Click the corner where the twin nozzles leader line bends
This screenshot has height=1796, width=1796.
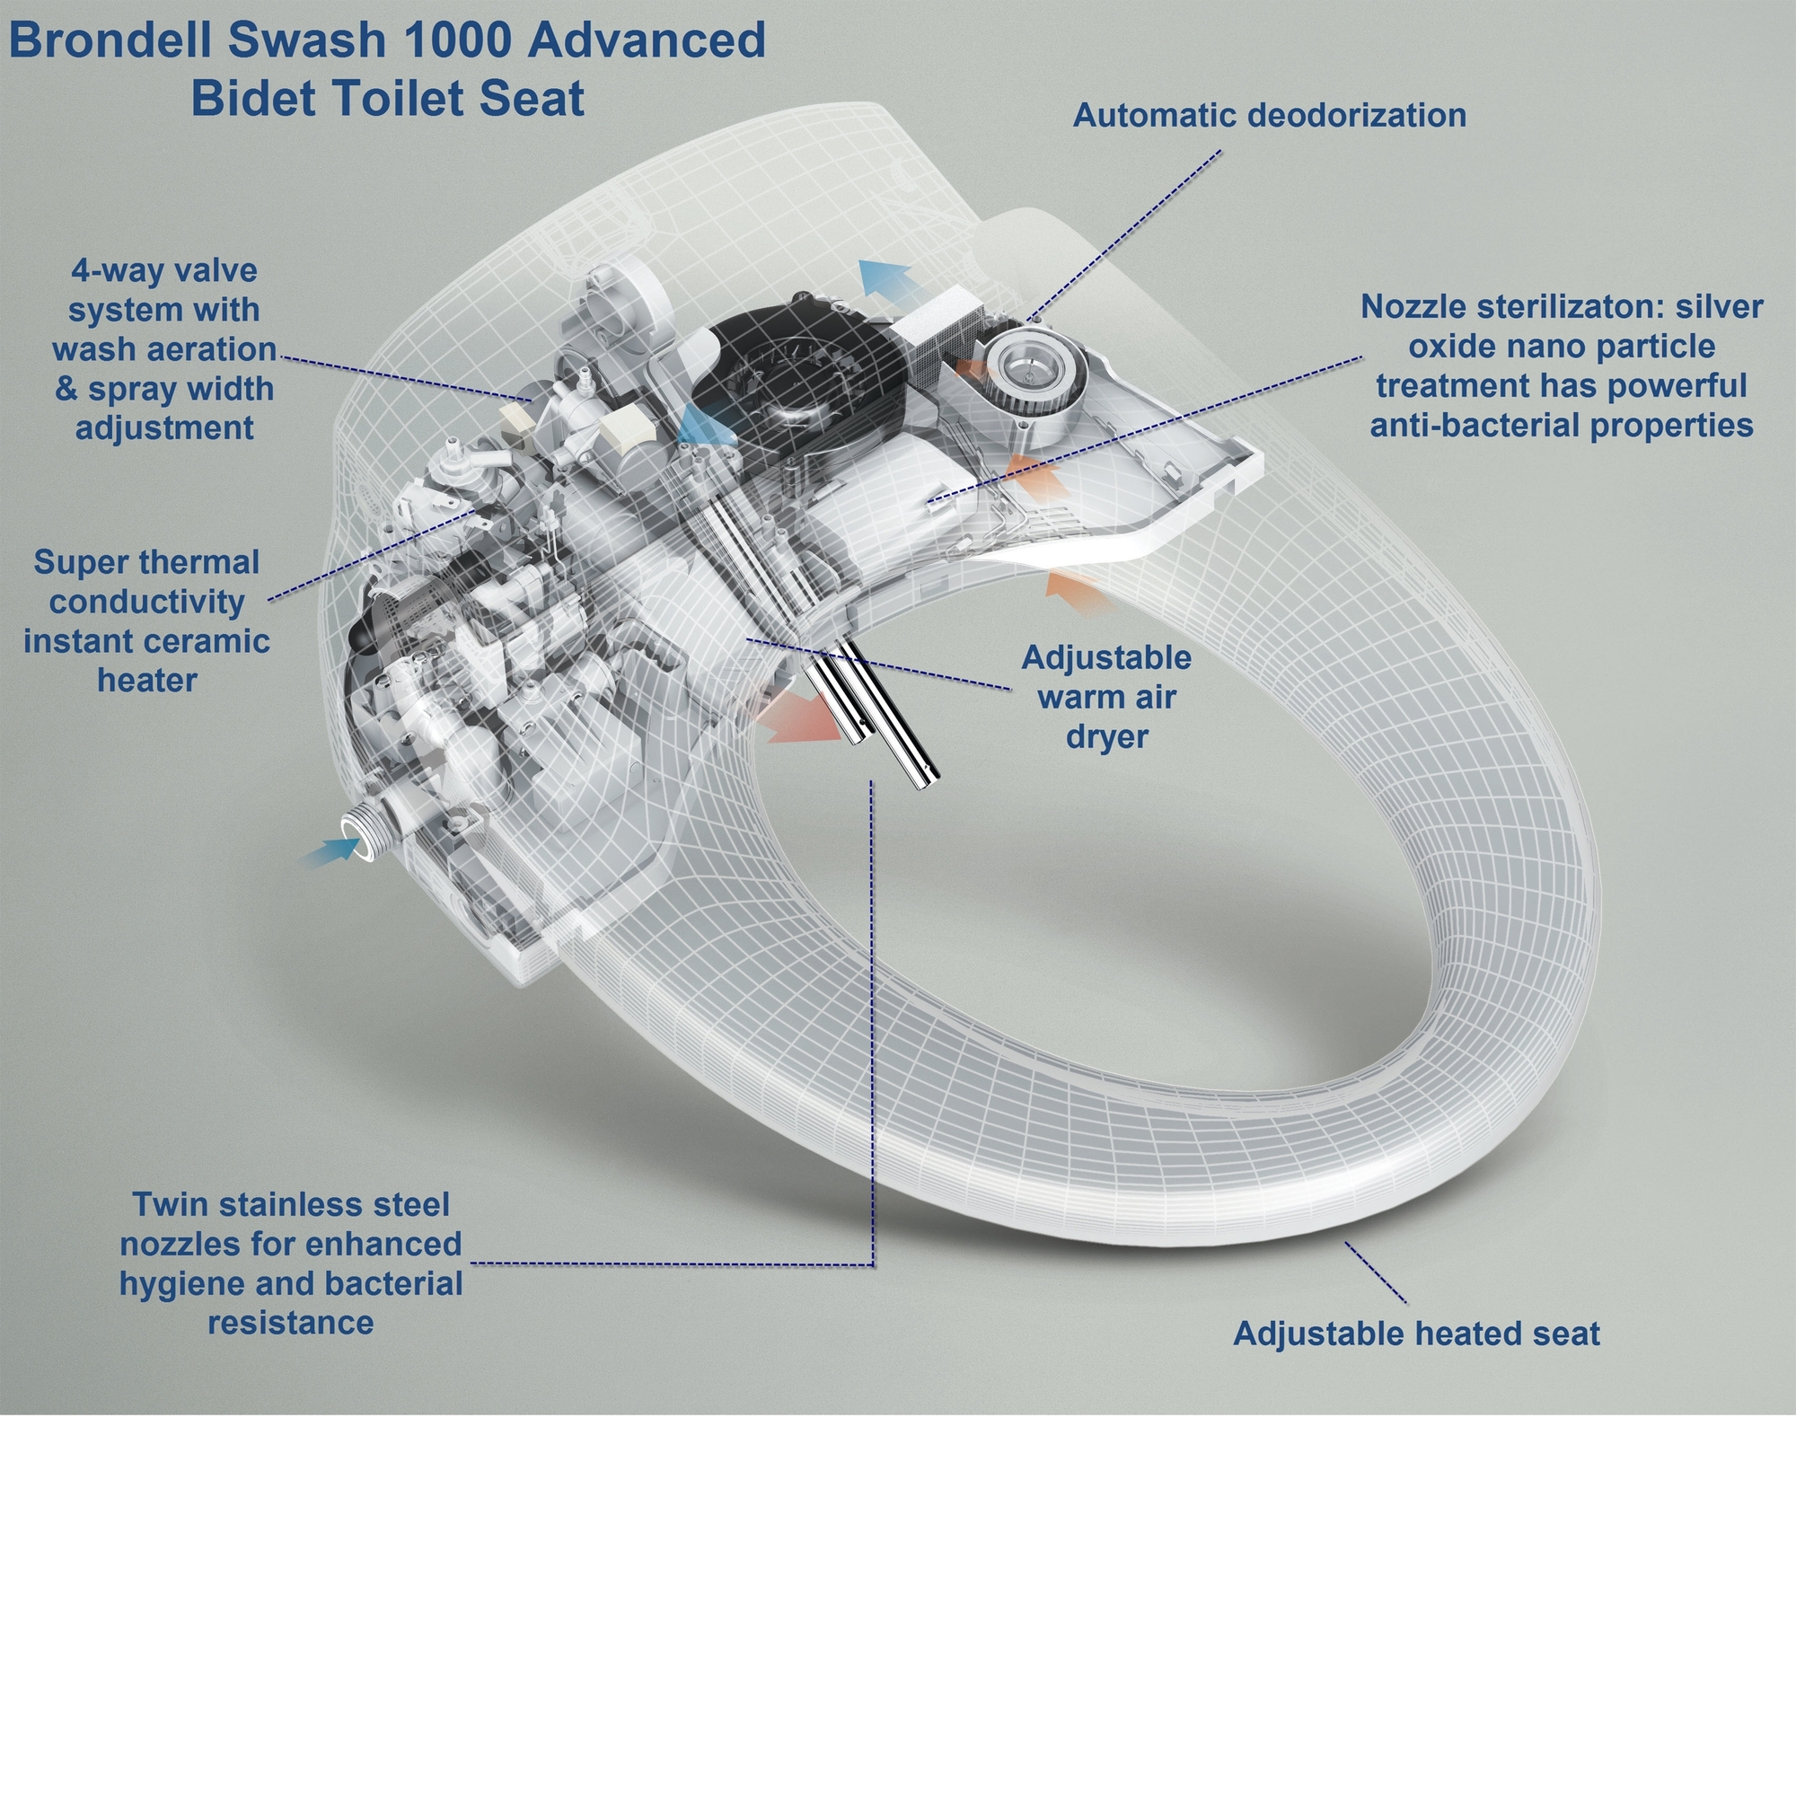pyautogui.click(x=873, y=1263)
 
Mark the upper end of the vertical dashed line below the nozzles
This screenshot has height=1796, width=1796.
pyautogui.click(x=872, y=782)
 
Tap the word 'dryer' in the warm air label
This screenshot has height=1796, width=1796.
pyautogui.click(x=1106, y=735)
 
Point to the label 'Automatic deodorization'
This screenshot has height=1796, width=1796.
pyautogui.click(x=1269, y=115)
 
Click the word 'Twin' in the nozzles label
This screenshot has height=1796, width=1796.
pyautogui.click(x=165, y=1204)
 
